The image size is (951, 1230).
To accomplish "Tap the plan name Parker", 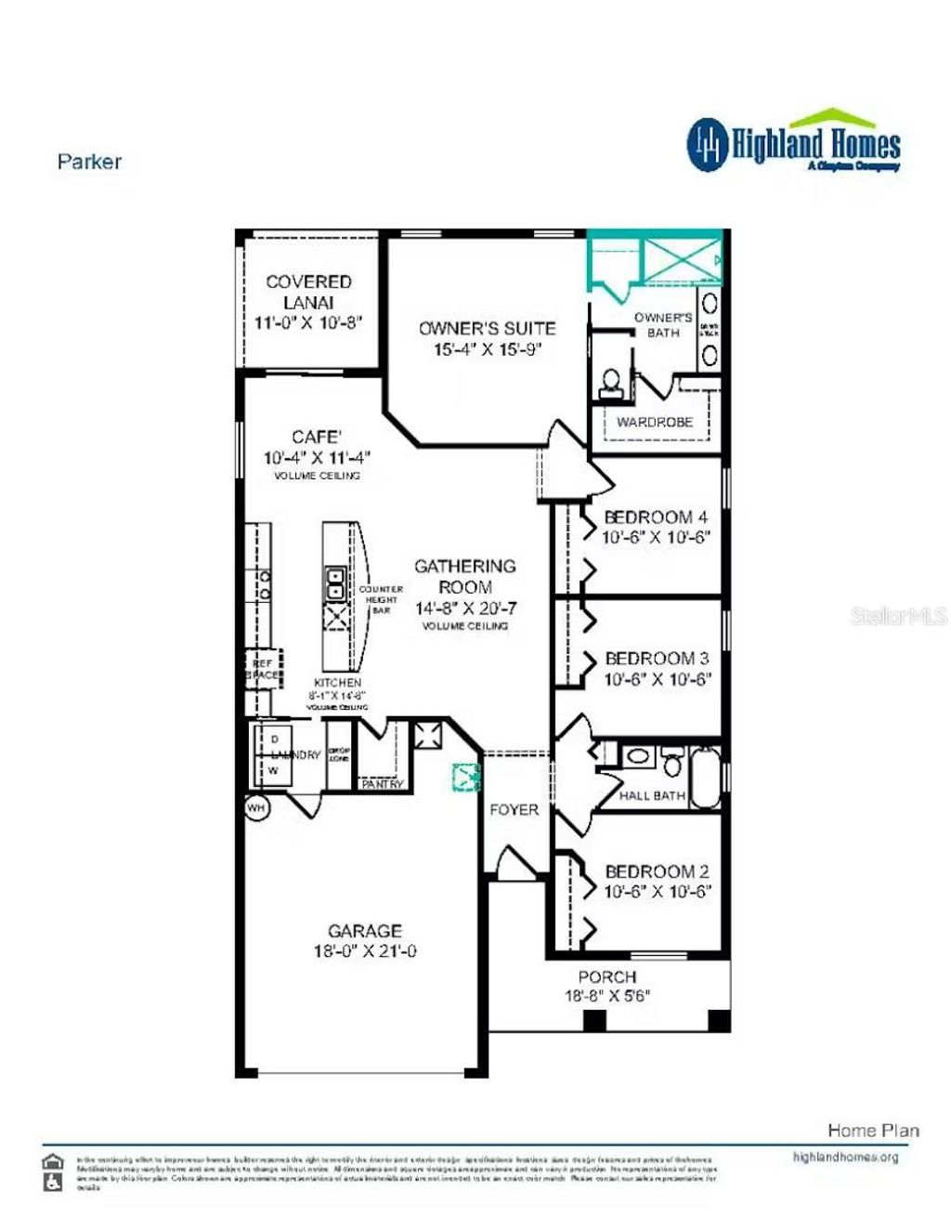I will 89,162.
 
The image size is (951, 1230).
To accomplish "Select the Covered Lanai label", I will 308,292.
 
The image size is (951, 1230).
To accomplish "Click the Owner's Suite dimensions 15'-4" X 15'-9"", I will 487,350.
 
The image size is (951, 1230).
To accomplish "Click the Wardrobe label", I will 655,422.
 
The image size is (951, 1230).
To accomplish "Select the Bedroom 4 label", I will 656,517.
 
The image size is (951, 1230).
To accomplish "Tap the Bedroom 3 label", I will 656,659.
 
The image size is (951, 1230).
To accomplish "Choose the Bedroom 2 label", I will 657,871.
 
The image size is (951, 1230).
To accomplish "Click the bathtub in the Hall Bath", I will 707,776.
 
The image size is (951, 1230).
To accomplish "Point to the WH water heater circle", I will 256,808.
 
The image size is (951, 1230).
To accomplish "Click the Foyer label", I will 514,810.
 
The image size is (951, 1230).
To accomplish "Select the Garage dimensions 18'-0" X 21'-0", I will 365,951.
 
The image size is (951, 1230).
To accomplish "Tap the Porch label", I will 607,977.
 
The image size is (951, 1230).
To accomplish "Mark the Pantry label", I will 382,784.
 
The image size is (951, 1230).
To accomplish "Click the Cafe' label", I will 316,437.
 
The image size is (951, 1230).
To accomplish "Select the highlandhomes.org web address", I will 845,1158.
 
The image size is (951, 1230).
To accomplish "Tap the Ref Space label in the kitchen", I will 263,669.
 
